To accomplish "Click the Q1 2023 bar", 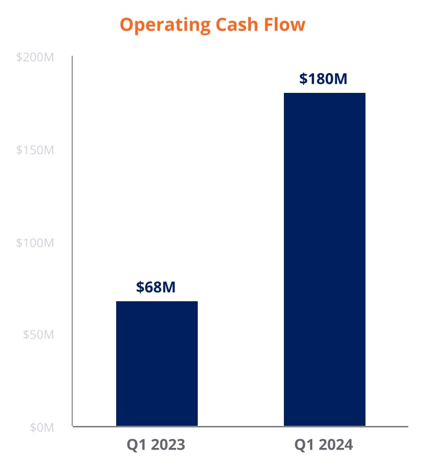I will [157, 363].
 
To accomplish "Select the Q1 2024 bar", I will [325, 259].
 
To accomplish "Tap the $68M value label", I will [156, 287].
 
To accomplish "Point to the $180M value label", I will [323, 78].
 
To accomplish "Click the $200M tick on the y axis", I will [35, 58].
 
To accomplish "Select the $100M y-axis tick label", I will [35, 242].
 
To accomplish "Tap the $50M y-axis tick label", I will [38, 335].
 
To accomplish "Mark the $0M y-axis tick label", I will [41, 427].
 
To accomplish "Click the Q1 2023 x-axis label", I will [156, 445].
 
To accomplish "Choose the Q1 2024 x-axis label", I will [324, 445].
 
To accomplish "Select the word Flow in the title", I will [286, 24].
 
